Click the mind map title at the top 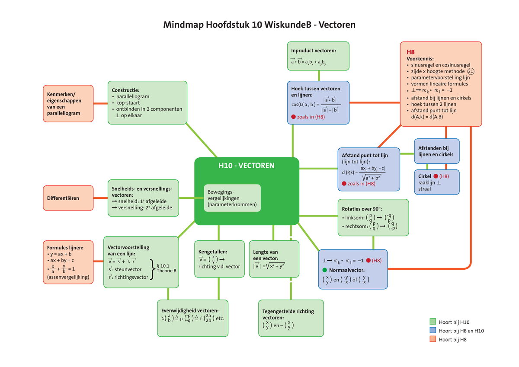point(259,25)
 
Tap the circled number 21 point(471,71)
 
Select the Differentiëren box point(68,198)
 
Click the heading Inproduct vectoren point(314,50)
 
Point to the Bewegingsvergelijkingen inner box point(232,198)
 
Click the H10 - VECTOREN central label point(246,166)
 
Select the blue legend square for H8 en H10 point(432,331)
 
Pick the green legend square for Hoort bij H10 point(432,322)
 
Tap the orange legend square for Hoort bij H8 point(432,340)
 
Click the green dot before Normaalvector point(325,270)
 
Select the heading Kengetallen point(213,252)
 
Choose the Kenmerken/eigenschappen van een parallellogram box point(68,103)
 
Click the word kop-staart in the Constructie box point(128,103)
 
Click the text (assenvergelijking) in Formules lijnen point(68,277)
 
